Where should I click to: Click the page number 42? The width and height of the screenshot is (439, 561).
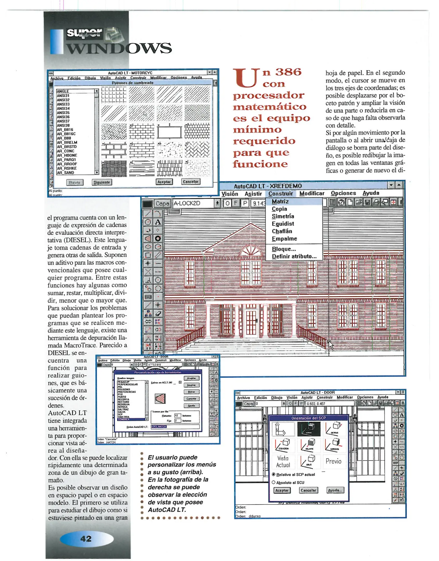coord(86,539)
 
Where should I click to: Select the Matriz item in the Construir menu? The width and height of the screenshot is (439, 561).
coord(280,202)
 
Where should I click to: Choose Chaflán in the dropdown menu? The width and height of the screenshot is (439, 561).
coord(282,231)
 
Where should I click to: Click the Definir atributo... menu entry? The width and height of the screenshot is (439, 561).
coord(294,256)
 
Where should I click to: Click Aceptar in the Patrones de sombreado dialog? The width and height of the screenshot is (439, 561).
coord(164,182)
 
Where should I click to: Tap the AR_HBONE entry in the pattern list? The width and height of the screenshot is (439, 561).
coord(67,155)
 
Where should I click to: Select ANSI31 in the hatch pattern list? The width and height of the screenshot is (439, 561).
coord(63,96)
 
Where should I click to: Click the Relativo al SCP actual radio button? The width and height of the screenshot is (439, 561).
coord(274,474)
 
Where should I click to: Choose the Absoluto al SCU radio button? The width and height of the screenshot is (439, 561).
coord(274,482)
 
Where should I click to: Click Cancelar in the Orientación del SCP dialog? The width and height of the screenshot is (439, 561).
coord(308,490)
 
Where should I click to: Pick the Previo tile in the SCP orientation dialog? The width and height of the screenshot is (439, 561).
coord(333,461)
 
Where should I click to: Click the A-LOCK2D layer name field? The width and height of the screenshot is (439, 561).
coord(193,203)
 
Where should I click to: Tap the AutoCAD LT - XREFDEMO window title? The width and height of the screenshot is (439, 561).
coord(268,186)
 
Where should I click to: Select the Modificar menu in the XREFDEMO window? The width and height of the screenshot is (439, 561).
coord(312,193)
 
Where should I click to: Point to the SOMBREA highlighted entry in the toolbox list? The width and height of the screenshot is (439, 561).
coord(124,419)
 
